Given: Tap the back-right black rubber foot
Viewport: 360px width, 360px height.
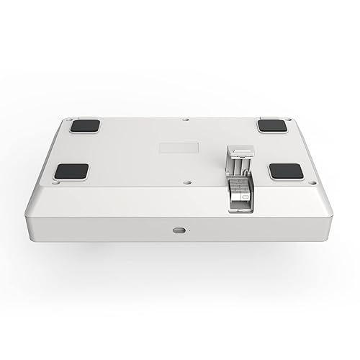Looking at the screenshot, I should pyautogui.click(x=271, y=125).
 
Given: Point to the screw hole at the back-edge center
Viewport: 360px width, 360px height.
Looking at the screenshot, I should pyautogui.click(x=186, y=120).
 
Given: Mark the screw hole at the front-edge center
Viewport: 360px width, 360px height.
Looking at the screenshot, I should pyautogui.click(x=185, y=181).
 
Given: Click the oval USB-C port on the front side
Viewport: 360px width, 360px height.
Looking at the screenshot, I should pyautogui.click(x=177, y=230).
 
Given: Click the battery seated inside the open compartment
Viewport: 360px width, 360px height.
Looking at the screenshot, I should pyautogui.click(x=240, y=194).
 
